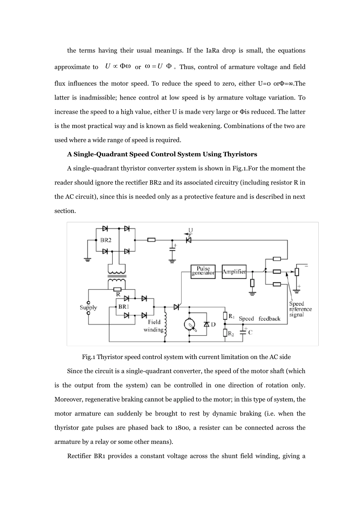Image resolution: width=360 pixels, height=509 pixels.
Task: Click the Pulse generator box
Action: (203, 272)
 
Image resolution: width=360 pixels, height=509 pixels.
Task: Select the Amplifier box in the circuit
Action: (234, 272)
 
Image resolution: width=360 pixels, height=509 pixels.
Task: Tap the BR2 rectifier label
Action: (106, 240)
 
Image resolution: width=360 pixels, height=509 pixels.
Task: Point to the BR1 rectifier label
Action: (124, 307)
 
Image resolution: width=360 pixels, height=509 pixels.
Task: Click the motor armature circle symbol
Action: (189, 324)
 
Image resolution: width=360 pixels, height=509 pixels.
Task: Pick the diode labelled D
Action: (207, 325)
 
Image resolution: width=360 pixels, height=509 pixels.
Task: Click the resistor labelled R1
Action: (225, 316)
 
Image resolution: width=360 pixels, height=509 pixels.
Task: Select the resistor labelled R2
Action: (225, 333)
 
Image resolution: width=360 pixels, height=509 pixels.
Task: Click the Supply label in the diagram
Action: (88, 308)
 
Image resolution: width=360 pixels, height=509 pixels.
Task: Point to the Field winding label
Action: (154, 326)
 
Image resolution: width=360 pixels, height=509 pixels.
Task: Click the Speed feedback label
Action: (260, 319)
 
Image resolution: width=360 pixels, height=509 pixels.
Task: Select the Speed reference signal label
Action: (300, 309)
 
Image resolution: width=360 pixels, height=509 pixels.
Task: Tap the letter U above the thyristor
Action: (191, 230)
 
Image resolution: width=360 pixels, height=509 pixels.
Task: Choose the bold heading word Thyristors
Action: (239, 154)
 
